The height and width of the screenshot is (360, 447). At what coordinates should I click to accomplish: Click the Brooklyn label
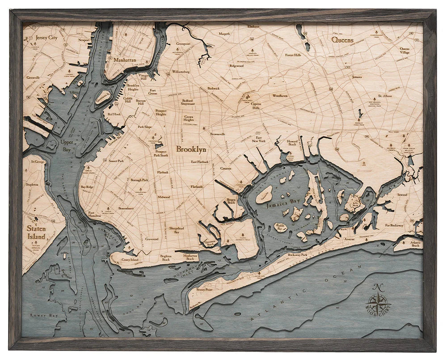pyautogui.click(x=191, y=149)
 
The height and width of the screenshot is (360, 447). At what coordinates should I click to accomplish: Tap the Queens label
pyautogui.click(x=342, y=40)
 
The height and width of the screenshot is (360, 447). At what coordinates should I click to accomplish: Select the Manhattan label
pyautogui.click(x=125, y=59)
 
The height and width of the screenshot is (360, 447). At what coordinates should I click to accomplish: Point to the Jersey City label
pyautogui.click(x=46, y=38)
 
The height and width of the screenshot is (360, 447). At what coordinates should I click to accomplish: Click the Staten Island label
pyautogui.click(x=36, y=232)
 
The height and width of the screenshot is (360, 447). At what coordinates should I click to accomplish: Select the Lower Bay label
pyautogui.click(x=38, y=315)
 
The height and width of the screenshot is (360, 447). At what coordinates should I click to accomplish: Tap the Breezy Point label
pyautogui.click(x=204, y=290)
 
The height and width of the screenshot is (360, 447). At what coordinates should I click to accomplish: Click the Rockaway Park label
pyautogui.click(x=297, y=254)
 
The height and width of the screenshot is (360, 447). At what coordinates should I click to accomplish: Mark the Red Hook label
pyautogui.click(x=114, y=114)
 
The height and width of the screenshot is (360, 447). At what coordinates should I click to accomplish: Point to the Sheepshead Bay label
pyautogui.click(x=176, y=230)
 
